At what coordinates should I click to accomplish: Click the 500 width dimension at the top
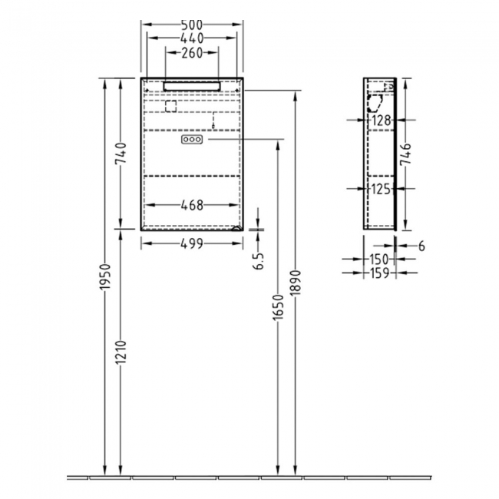point(191,24)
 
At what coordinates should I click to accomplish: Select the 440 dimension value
point(191,38)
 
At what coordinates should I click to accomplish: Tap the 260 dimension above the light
point(191,53)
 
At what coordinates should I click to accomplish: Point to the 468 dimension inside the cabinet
point(191,205)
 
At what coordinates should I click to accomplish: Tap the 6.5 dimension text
point(260,260)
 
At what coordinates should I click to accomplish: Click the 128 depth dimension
point(382,121)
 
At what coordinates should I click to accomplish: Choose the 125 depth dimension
point(382,188)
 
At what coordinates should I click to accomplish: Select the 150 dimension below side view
point(378,259)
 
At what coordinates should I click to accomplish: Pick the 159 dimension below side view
point(378,273)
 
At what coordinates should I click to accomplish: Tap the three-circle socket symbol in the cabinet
point(192,140)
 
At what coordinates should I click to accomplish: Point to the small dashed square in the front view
point(170,105)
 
